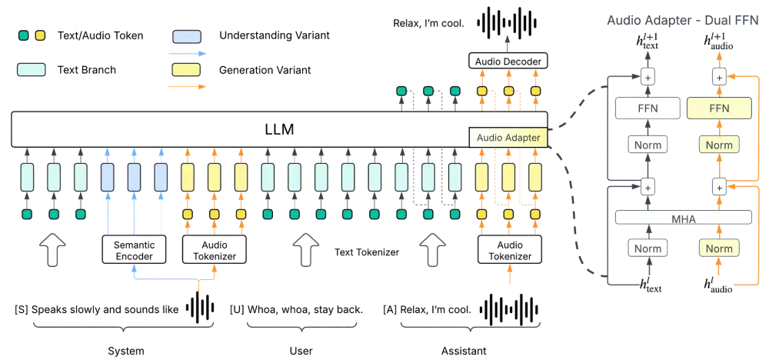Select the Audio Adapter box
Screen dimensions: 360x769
tap(508, 138)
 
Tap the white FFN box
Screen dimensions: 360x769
tap(647, 108)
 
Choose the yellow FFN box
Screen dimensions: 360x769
tap(718, 108)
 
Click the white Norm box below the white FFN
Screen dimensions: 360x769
tap(647, 145)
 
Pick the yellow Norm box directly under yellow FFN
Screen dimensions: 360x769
tap(718, 145)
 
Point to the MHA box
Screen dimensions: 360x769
tap(683, 218)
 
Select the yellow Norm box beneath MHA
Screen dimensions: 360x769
tap(718, 248)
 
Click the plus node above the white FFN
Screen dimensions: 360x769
tap(647, 77)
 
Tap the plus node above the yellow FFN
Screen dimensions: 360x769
tap(718, 77)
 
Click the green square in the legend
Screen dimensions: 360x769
tap(25, 36)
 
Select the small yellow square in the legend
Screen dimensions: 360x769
tap(40, 36)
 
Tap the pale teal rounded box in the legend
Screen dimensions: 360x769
tap(32, 69)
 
